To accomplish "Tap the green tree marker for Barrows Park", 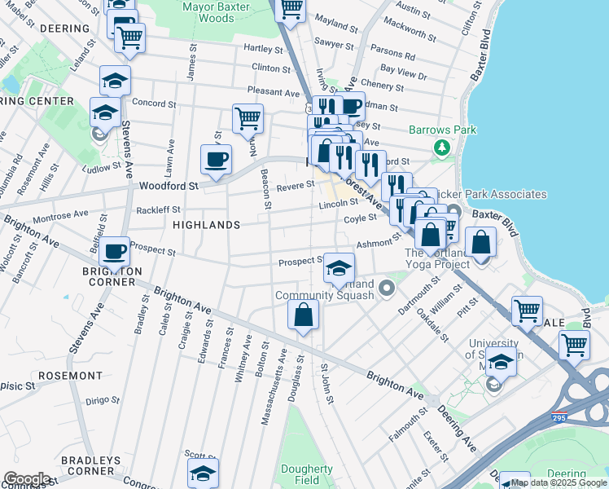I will [x=441, y=148].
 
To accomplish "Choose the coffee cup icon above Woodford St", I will [x=216, y=158].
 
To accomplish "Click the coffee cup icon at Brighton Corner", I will [x=115, y=251].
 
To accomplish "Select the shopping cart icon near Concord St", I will [x=248, y=117].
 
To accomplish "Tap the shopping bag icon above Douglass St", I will [x=303, y=314].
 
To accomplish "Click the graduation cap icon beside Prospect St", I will [x=339, y=267].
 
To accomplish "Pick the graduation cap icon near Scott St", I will [x=203, y=473].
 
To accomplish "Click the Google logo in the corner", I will [x=27, y=479].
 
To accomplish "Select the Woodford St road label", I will [x=170, y=186].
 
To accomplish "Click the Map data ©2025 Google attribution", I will [x=559, y=483].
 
